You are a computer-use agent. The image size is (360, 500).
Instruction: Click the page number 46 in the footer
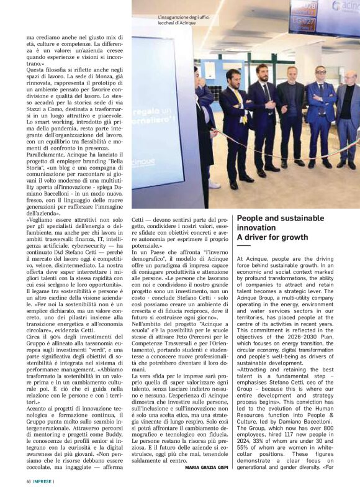(29, 481)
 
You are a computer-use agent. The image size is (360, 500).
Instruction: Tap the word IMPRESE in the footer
(43, 481)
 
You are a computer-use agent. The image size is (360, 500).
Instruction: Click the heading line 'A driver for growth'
(273, 237)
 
